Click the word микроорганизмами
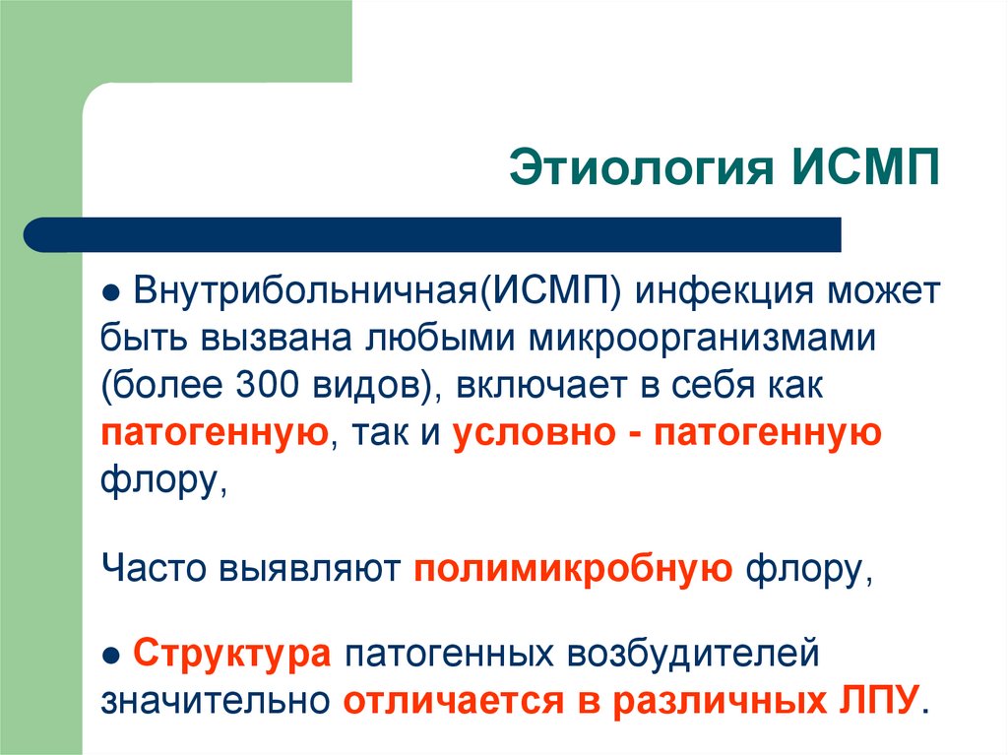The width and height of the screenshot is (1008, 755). (x=705, y=339)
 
